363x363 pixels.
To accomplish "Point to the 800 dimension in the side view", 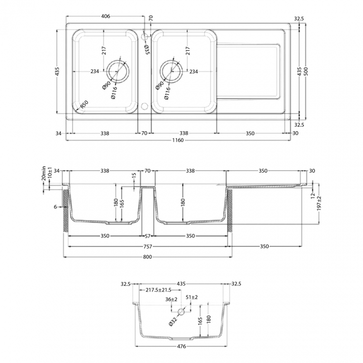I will click(147, 257).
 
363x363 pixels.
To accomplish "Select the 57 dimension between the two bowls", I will click(147, 236).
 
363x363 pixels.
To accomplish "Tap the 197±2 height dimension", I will click(320, 206).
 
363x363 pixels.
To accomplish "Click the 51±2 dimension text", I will click(192, 297).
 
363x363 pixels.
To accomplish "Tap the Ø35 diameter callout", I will click(146, 50).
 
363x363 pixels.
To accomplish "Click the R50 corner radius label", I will click(84, 104).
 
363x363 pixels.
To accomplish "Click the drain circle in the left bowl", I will click(119, 71).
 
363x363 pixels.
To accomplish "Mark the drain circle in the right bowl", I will click(171, 71).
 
